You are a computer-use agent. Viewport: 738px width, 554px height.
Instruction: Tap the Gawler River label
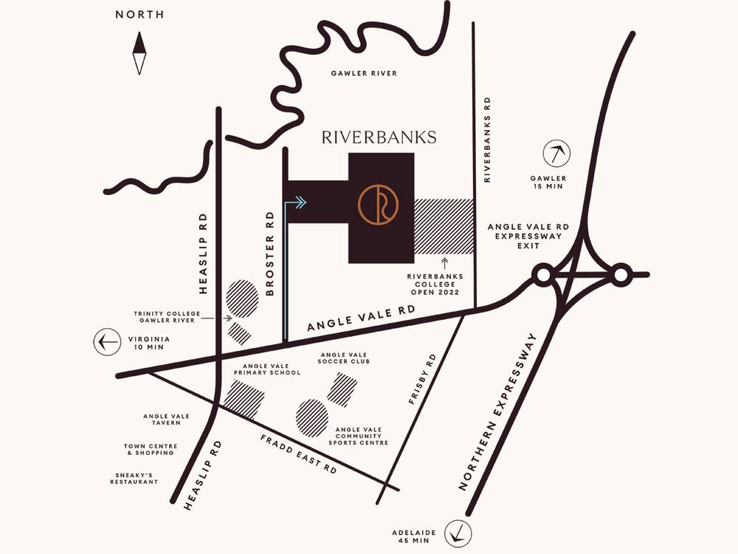tap(364, 73)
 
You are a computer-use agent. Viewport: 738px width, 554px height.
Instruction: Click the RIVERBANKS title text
tap(379, 137)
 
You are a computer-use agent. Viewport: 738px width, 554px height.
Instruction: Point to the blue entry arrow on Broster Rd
tap(297, 202)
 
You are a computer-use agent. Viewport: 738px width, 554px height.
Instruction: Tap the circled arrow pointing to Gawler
tap(557, 154)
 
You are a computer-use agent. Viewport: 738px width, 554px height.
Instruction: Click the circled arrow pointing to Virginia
tap(108, 342)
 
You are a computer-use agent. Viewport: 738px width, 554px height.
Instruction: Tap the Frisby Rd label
tap(423, 379)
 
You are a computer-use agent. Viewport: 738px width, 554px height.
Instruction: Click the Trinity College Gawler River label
tap(168, 317)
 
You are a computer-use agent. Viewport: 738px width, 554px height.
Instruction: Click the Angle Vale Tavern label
tap(166, 420)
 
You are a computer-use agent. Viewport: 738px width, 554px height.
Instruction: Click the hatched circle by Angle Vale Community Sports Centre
tap(312, 418)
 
